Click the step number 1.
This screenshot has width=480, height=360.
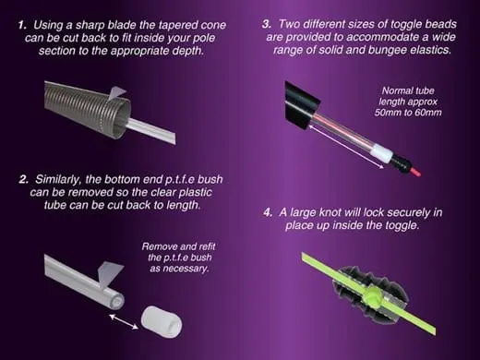point(22,25)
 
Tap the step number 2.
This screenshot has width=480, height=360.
point(24,179)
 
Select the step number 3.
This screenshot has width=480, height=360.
point(267,24)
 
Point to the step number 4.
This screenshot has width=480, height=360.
point(268,212)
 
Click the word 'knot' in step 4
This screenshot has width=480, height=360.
point(330,212)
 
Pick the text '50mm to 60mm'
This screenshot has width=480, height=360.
point(408,113)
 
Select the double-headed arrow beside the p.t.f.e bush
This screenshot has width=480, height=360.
point(124,321)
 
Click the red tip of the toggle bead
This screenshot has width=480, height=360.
point(414,172)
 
